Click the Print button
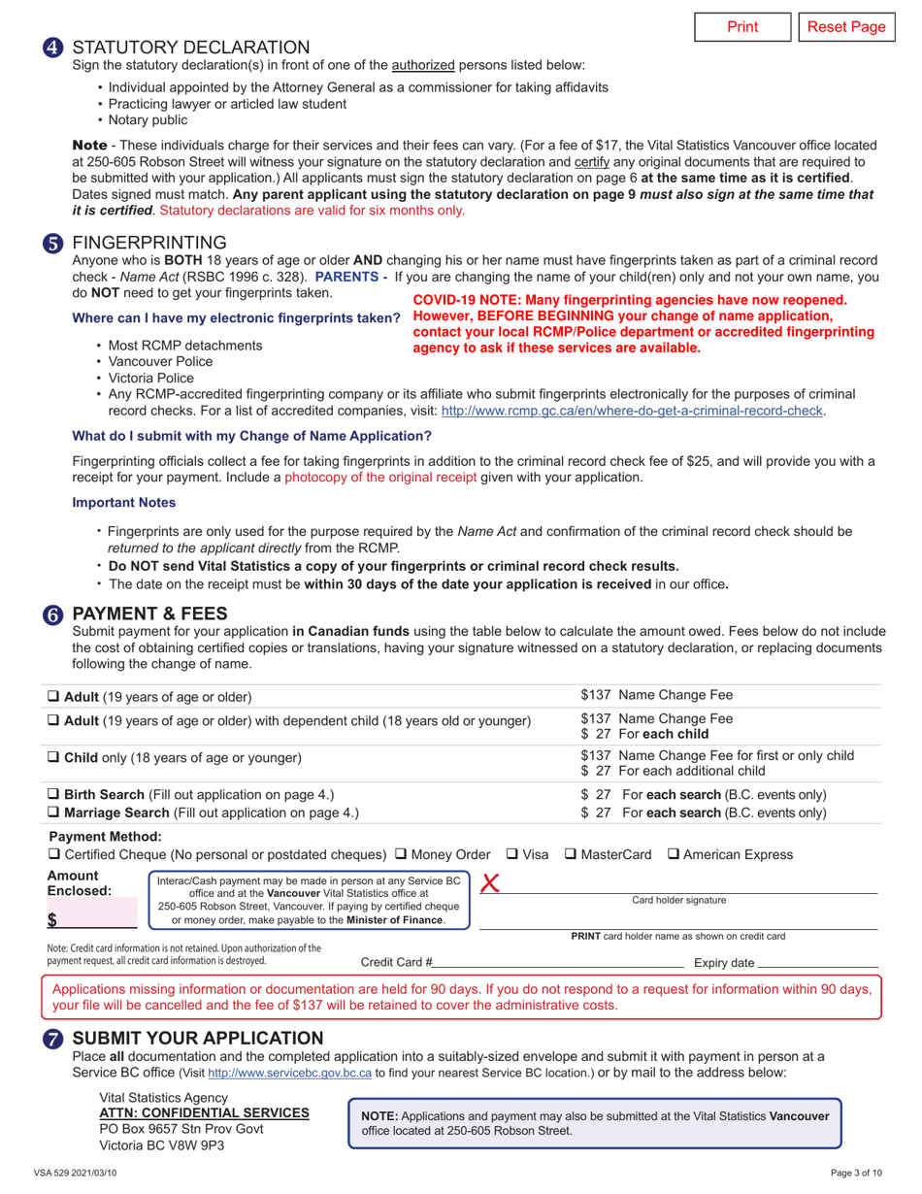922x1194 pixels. [x=742, y=26]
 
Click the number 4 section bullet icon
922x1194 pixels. [x=54, y=47]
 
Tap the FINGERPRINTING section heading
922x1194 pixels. [x=149, y=242]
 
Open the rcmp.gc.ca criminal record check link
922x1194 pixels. [x=633, y=411]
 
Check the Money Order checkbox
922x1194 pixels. [x=401, y=854]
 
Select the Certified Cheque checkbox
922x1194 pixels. [x=54, y=854]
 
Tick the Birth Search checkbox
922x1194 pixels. [x=54, y=794]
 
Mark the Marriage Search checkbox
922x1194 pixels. [x=54, y=813]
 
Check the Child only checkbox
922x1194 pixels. [x=54, y=757]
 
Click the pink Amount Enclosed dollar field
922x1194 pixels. [x=97, y=917]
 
